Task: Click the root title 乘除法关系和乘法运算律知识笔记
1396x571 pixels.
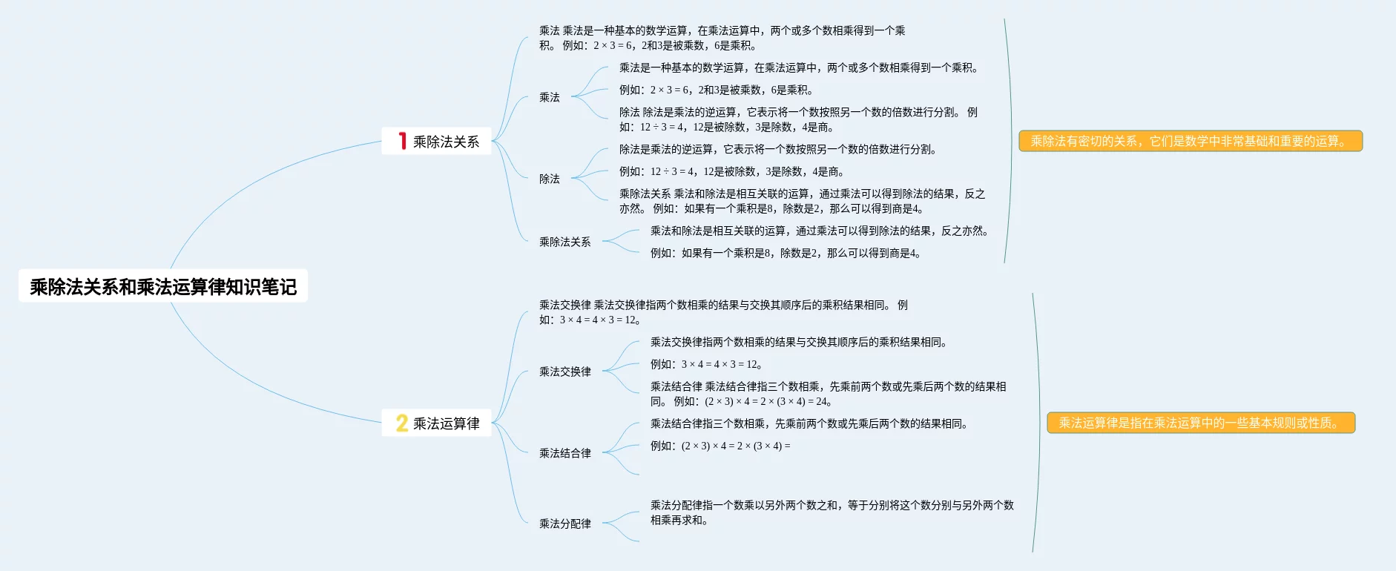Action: tap(163, 286)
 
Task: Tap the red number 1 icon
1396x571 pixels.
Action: tap(402, 141)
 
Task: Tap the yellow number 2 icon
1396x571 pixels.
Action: tap(401, 423)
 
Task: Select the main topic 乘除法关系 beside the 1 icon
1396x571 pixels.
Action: tap(446, 142)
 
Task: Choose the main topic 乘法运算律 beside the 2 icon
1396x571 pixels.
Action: tap(446, 423)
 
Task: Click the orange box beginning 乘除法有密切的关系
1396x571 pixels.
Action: tap(1190, 141)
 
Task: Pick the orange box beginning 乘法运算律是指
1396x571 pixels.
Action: tap(1200, 423)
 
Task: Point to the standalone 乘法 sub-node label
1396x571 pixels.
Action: tap(549, 97)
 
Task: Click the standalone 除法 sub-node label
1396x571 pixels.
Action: tap(549, 179)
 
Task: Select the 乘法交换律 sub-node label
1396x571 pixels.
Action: tap(564, 372)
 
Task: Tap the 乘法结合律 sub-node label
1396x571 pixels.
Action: tap(564, 453)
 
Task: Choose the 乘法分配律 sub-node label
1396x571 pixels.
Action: tap(564, 524)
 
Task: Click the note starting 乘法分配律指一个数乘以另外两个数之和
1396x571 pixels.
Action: tap(831, 512)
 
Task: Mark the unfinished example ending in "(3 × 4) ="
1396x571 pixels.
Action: tap(720, 446)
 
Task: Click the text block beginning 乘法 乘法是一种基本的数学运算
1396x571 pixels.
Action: tap(721, 38)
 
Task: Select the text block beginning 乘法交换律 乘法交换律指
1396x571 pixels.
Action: tap(722, 312)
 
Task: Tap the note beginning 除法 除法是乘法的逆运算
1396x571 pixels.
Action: tap(797, 119)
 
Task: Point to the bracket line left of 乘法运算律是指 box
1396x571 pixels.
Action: tap(1038, 423)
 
